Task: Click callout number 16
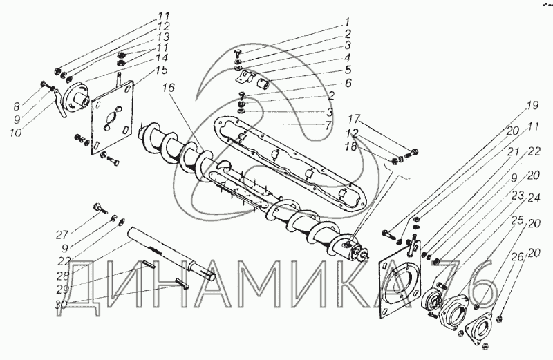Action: point(169,88)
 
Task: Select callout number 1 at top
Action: point(347,23)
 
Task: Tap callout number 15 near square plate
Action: point(162,70)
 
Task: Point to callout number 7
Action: point(328,124)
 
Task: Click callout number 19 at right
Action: point(533,105)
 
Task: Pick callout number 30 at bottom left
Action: point(62,305)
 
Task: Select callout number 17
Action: point(354,119)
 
